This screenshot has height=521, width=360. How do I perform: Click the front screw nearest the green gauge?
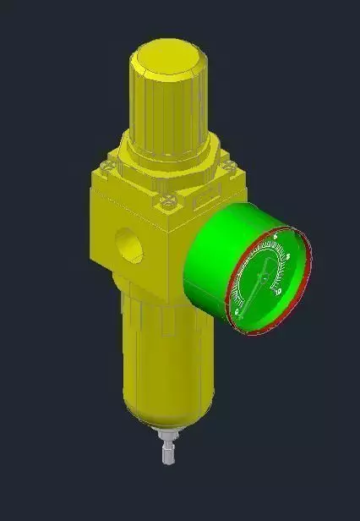pos(169,201)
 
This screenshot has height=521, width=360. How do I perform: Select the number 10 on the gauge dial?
pos(280,292)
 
